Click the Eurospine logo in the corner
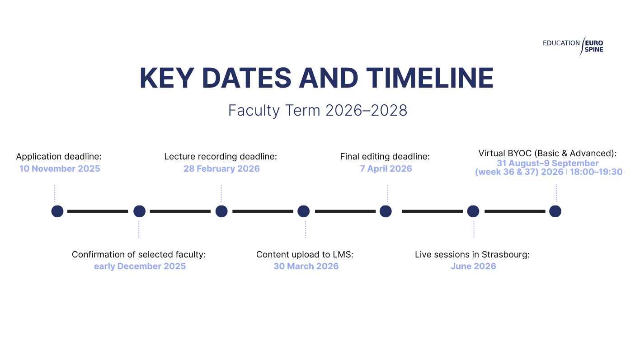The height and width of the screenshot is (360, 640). (x=573, y=46)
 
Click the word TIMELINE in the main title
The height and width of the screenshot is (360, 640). (x=430, y=78)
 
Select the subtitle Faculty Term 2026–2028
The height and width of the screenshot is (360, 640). (x=318, y=110)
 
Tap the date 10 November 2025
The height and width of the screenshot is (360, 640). (x=60, y=169)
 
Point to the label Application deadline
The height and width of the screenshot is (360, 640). (x=59, y=156)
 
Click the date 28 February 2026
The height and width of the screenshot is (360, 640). (x=221, y=169)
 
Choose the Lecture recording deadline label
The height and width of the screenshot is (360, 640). (x=221, y=156)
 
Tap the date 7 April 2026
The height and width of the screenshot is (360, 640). (x=386, y=169)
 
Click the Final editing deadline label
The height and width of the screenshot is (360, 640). (x=385, y=156)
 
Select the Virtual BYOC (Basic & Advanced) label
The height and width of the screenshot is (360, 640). (x=547, y=153)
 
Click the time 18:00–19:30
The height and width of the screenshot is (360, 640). (x=596, y=172)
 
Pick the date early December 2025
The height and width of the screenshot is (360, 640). (x=140, y=266)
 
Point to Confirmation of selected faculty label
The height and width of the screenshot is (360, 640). (x=139, y=254)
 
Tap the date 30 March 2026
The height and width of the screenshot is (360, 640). (x=306, y=266)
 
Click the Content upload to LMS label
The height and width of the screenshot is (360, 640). (x=305, y=254)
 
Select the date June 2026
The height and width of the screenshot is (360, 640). (x=473, y=266)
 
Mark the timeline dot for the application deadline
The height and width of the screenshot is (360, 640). (x=57, y=211)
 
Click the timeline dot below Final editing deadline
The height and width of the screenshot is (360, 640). (x=386, y=211)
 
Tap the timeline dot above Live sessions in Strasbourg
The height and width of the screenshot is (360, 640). (x=473, y=211)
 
